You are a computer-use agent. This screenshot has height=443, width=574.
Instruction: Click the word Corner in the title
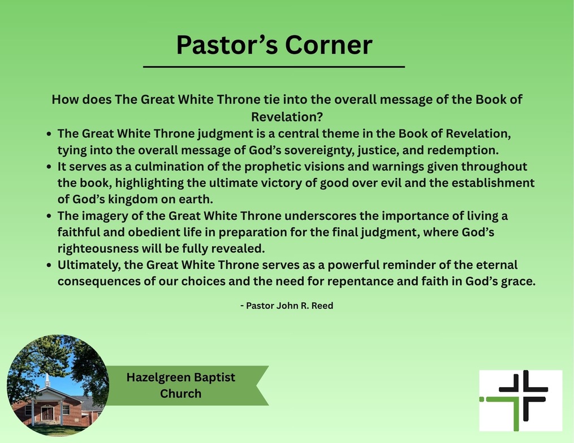pos(328,45)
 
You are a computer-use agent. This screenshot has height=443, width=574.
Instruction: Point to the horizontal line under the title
pos(274,67)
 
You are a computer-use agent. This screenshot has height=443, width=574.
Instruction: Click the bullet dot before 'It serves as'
pos(50,167)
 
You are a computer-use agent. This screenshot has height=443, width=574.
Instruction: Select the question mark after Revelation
pos(320,117)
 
